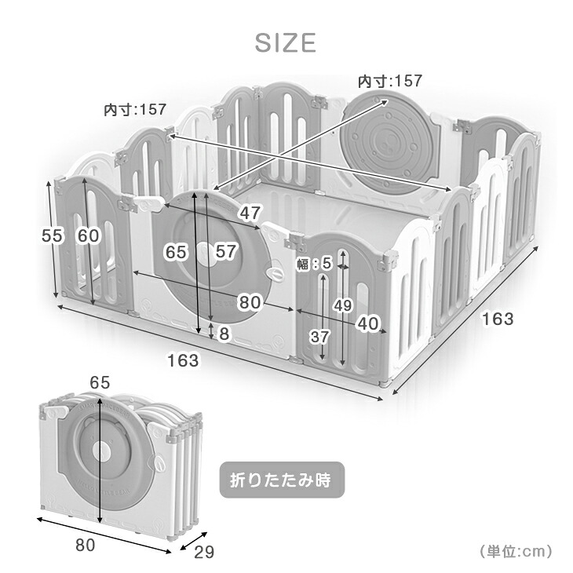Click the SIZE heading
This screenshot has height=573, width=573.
tap(285, 42)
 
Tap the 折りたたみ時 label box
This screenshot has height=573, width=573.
tap(282, 480)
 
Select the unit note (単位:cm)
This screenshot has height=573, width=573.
tap(516, 551)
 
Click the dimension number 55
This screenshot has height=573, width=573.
tap(53, 235)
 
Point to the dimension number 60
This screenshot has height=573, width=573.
tap(88, 235)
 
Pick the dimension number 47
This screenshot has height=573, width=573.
tap(250, 213)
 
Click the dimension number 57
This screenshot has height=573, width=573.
tap(226, 251)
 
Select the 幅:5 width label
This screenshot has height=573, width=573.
tap(314, 263)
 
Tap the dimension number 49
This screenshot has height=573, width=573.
tap(343, 305)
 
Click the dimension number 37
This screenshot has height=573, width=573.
tap(320, 336)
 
